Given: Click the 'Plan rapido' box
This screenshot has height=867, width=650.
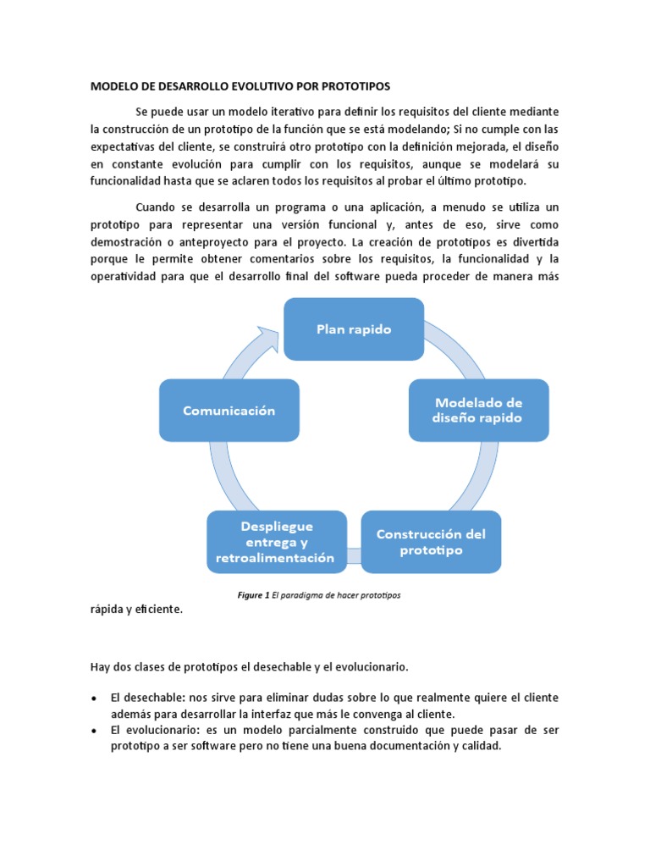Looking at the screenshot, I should pyautogui.click(x=353, y=329).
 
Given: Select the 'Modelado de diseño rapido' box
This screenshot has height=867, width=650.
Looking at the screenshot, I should pyautogui.click(x=479, y=410).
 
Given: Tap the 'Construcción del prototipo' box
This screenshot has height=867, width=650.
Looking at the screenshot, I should pyautogui.click(x=432, y=542).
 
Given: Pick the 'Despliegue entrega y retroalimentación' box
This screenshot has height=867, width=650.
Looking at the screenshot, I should pyautogui.click(x=277, y=542).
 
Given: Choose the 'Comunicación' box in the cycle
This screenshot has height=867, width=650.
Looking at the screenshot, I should pyautogui.click(x=229, y=410).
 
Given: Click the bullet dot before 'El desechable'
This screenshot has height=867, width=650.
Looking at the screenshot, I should pyautogui.click(x=92, y=698).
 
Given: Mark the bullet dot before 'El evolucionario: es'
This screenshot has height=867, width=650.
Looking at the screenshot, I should pyautogui.click(x=92, y=730).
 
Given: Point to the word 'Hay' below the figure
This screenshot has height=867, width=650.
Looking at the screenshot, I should pyautogui.click(x=100, y=666).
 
